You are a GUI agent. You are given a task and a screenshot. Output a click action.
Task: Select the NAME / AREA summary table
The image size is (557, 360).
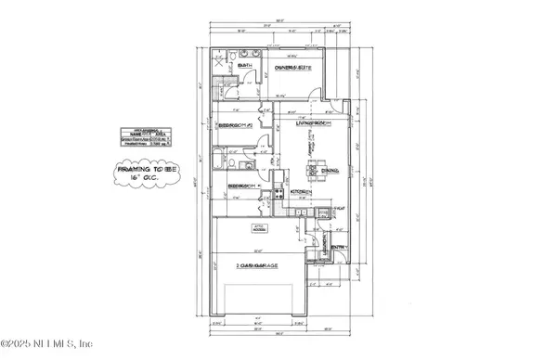tap(147, 137)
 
